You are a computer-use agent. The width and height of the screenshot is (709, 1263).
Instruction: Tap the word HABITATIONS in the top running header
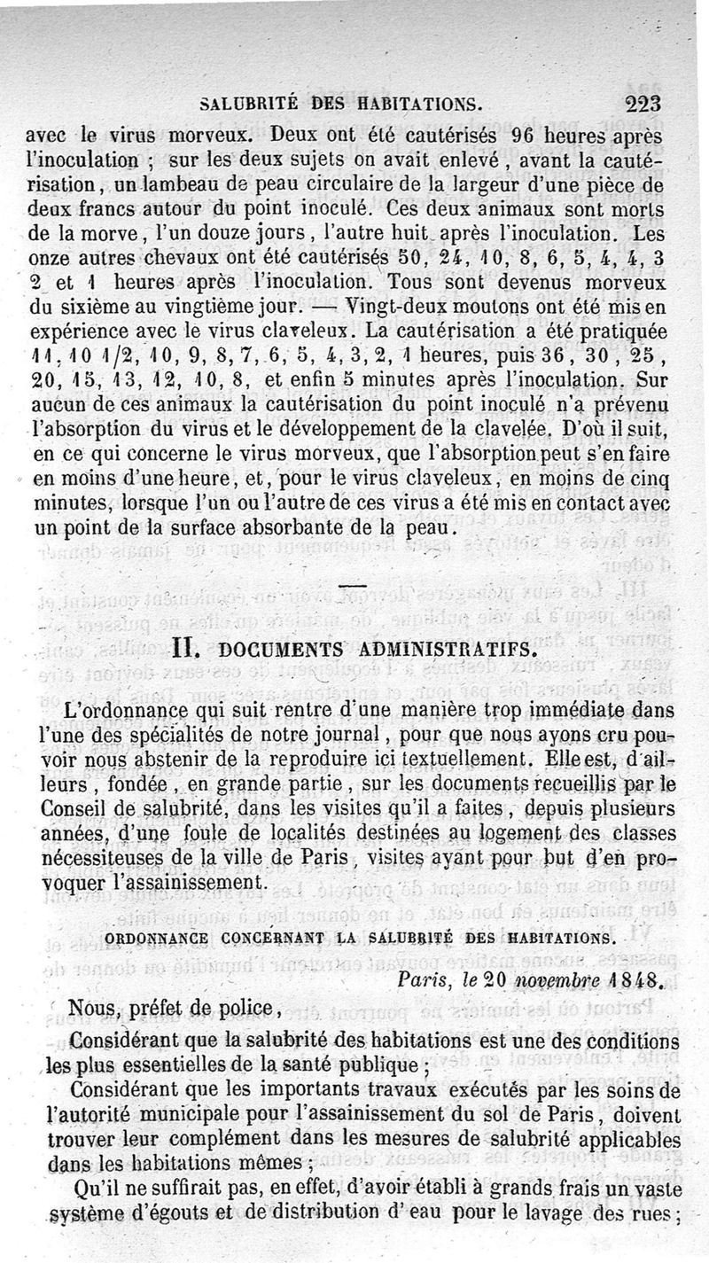coord(420,104)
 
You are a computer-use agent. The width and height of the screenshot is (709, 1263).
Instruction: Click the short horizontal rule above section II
coord(353,587)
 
